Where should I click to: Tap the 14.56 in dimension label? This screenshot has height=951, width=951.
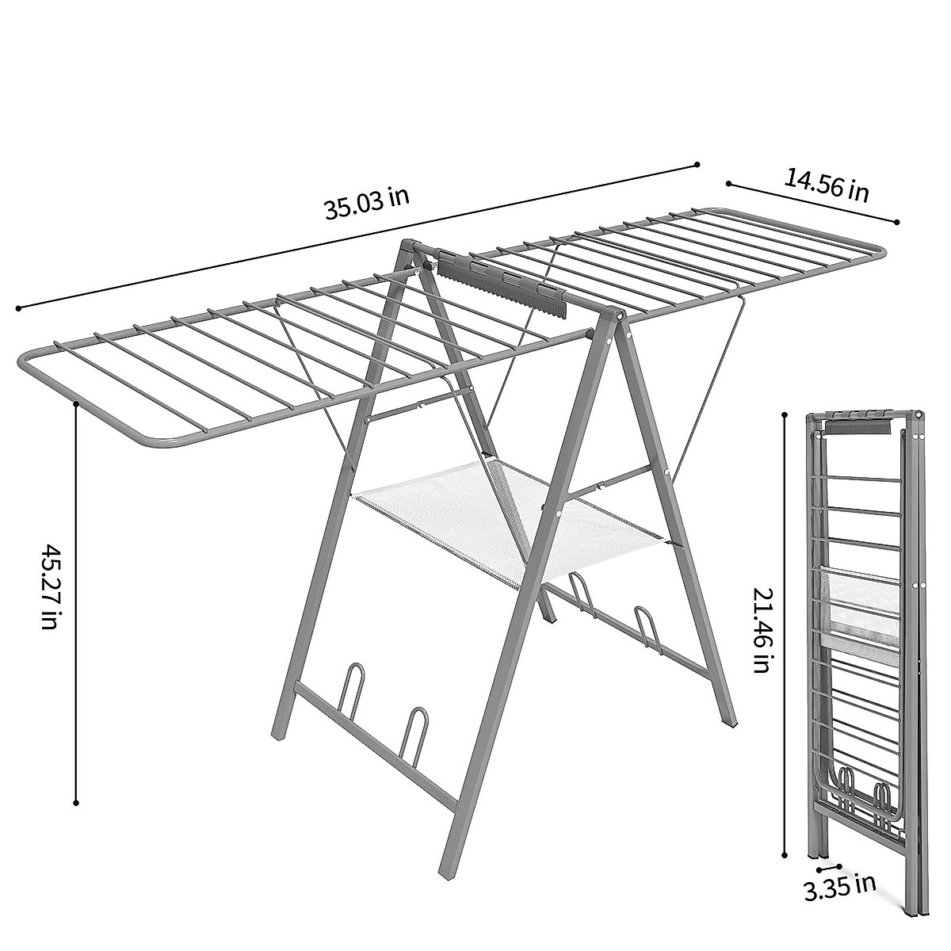click(827, 184)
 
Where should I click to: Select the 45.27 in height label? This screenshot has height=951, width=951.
click(49, 586)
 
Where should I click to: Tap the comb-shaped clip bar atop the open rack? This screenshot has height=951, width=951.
click(507, 286)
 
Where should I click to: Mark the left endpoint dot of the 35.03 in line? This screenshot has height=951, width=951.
click(17, 307)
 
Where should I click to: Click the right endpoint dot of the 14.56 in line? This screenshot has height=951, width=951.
click(897, 222)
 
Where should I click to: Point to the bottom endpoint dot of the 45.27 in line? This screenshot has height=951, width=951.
click(76, 803)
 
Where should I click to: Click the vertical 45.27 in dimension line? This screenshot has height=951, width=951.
click(76, 602)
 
